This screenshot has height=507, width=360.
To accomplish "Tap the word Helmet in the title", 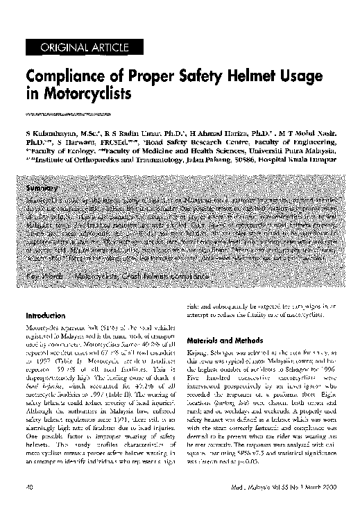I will (x=235, y=78).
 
